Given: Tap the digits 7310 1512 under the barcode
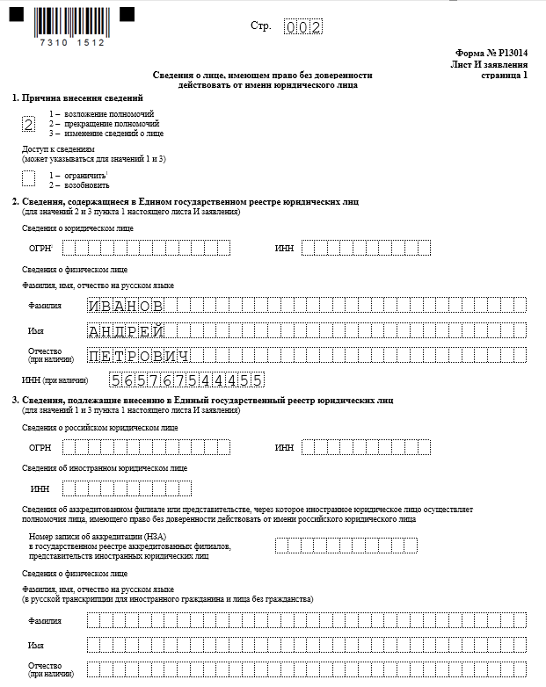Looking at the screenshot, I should (72, 41).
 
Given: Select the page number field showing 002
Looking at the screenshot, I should (303, 26).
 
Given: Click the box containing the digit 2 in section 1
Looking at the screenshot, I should (29, 124).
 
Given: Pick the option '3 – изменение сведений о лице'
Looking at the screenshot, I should (106, 134).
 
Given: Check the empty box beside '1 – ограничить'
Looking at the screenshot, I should (29, 178).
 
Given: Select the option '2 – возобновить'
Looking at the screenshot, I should (79, 185).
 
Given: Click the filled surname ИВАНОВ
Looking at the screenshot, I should (126, 306).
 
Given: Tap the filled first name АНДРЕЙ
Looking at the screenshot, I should (126, 330).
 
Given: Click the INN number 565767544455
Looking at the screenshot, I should (186, 380).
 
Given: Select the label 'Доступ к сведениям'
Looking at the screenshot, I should (57, 149).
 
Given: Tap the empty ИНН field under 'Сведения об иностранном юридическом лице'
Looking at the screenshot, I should (126, 488).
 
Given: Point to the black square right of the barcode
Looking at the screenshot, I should (127, 14).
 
